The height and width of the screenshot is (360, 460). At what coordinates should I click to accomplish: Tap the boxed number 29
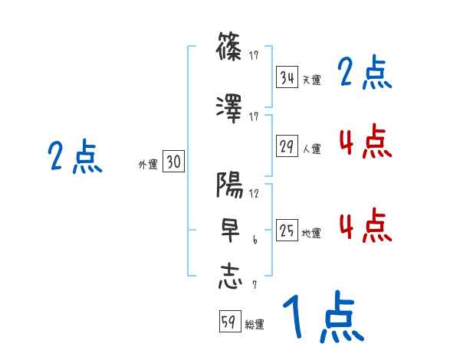287,146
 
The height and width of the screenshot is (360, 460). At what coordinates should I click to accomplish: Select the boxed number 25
287,231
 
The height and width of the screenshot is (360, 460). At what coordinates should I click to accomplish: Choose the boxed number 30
173,162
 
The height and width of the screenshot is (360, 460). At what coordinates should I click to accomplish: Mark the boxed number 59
229,322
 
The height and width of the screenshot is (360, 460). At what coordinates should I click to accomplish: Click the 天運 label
312,80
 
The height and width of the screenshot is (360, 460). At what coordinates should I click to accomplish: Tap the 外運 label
147,163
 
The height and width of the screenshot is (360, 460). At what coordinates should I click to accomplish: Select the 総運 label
255,325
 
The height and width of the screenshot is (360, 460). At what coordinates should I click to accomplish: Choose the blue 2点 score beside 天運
365,74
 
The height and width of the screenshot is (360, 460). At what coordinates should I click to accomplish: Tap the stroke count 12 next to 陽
255,194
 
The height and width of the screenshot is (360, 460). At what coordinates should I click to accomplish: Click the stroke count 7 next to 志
254,286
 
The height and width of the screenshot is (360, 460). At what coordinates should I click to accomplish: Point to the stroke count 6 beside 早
255,240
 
